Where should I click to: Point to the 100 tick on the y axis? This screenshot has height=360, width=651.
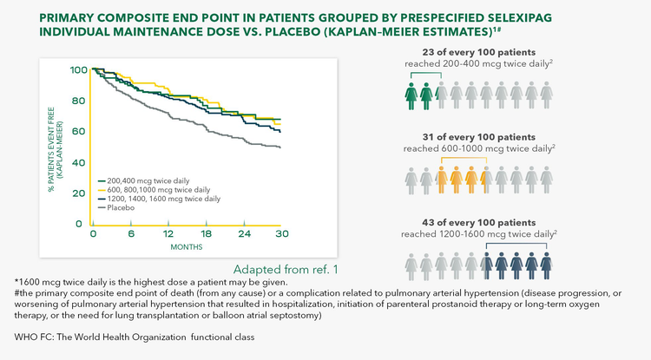click(77, 69)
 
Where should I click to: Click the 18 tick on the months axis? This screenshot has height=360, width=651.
click(206, 234)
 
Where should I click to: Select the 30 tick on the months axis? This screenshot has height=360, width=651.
click(281, 234)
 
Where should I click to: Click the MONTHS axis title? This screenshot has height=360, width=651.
click(187, 247)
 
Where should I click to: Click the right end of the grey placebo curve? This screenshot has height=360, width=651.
click(279, 147)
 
